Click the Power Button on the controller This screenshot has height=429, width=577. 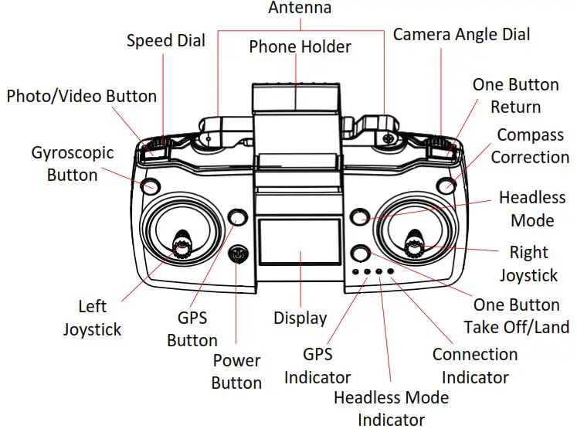(239, 253)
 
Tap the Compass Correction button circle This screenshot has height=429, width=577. (446, 185)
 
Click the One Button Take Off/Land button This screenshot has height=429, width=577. (360, 253)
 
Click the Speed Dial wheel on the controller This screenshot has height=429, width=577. (157, 144)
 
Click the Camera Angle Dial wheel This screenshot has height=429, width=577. (440, 144)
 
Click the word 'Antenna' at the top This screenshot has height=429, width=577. (300, 9)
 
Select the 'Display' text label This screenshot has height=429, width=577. (300, 318)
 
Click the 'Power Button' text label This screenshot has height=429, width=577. (236, 371)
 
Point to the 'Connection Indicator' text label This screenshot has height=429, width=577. (474, 366)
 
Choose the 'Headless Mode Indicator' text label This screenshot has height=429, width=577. (391, 408)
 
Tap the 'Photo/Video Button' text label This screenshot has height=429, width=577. (82, 97)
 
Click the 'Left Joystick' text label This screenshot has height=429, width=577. (92, 318)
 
